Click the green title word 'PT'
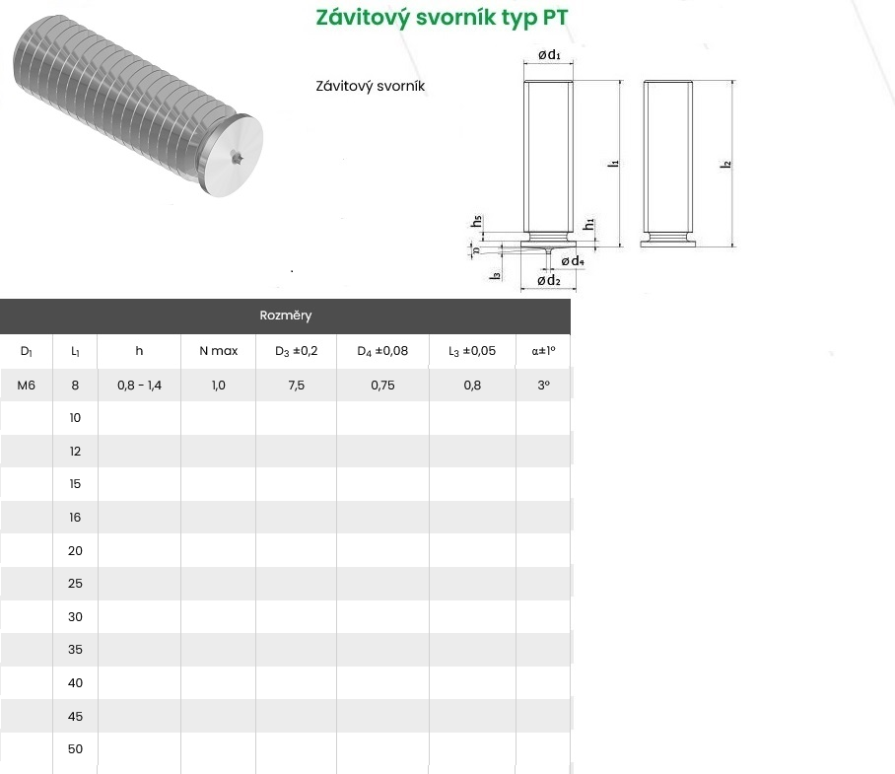[x=555, y=17]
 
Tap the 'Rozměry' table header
[x=286, y=316]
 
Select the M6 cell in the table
[x=27, y=386]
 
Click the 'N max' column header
[x=219, y=351]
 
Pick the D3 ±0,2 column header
[x=297, y=351]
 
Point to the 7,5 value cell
[x=297, y=386]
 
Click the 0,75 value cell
[x=382, y=386]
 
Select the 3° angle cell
[x=543, y=386]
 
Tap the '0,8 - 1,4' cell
[x=139, y=386]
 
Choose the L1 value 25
[x=75, y=584]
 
